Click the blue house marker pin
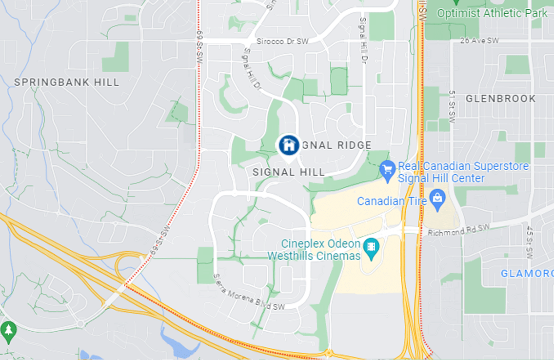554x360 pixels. pyautogui.click(x=289, y=145)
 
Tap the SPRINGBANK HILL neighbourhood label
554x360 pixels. pyautogui.click(x=66, y=82)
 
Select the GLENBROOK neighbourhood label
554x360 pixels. pyautogui.click(x=500, y=99)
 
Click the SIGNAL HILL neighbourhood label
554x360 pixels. pyautogui.click(x=289, y=172)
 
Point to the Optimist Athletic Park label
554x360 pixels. pyautogui.click(x=492, y=13)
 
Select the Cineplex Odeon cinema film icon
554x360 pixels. pyautogui.click(x=371, y=246)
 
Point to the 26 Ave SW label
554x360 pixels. pyautogui.click(x=479, y=40)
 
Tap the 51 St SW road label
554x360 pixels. pyautogui.click(x=452, y=106)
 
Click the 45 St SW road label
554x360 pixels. pyautogui.click(x=530, y=242)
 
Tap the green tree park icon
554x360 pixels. pyautogui.click(x=8, y=330)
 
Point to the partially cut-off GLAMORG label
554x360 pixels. pyautogui.click(x=527, y=274)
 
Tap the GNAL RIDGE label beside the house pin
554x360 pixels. pyautogui.click(x=336, y=145)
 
